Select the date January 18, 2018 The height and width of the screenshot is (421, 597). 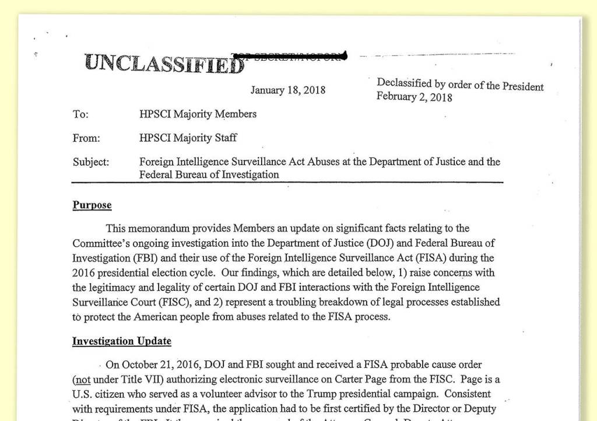pos(288,90)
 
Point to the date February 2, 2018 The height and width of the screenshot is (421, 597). pos(414,97)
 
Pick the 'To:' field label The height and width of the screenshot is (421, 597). pos(80,114)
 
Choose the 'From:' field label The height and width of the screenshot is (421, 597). pos(86,138)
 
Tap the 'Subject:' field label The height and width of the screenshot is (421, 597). pos(91,162)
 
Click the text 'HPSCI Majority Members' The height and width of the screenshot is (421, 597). pos(198,114)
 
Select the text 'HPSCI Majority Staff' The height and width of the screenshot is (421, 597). pos(188,138)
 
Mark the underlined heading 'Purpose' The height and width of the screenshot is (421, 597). pos(92,205)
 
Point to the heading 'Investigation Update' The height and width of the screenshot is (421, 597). pos(121,341)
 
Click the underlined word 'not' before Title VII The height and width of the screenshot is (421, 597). pos(80,379)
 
